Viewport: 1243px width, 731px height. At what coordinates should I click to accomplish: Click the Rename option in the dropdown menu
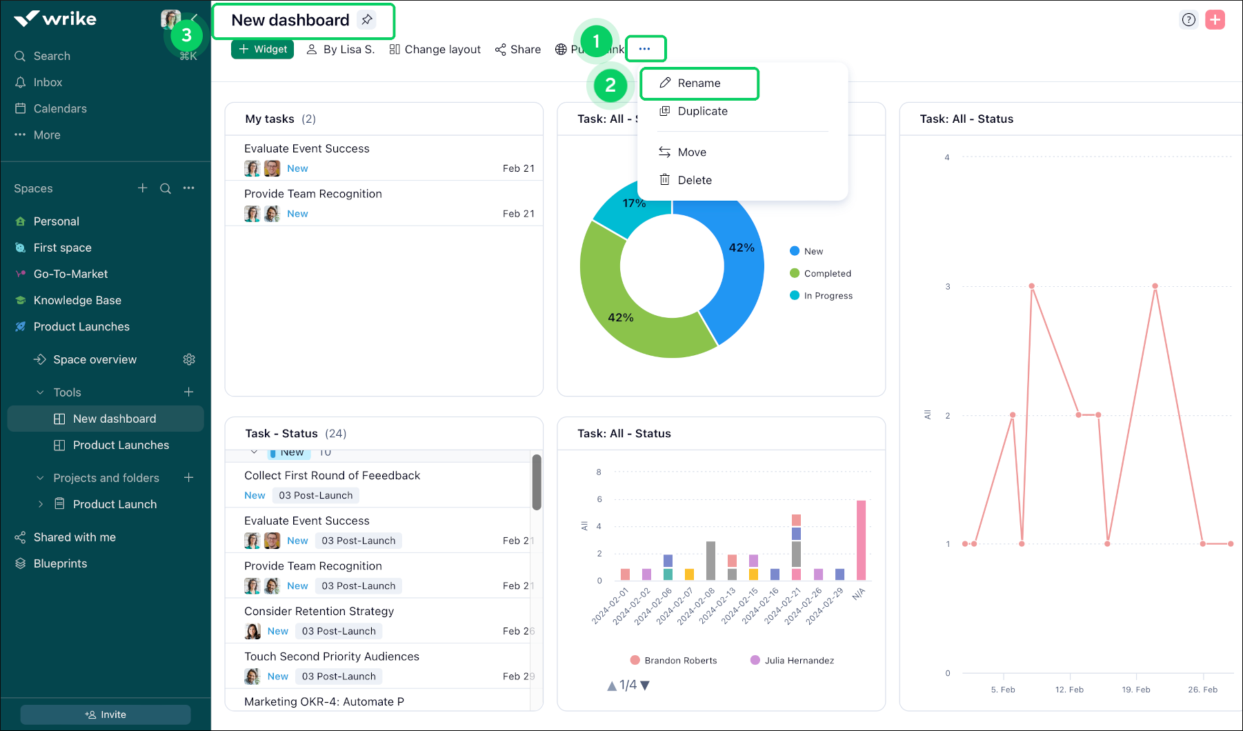[699, 83]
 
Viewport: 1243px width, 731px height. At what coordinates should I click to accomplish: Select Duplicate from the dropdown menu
[702, 111]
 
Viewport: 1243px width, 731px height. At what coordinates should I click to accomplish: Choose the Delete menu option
[694, 180]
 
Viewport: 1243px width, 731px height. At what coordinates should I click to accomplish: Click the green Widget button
[263, 50]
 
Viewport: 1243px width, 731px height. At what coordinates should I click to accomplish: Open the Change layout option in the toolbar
[435, 50]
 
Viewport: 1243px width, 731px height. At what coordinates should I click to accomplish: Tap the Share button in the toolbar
[518, 50]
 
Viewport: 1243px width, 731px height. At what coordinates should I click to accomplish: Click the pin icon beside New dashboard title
[368, 20]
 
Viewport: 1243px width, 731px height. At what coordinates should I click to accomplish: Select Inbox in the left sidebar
[48, 82]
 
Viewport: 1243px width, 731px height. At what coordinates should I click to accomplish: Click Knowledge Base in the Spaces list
[77, 300]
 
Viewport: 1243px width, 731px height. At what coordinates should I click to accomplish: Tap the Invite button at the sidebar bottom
[106, 714]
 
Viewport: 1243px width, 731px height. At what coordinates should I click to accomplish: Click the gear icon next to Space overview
[189, 359]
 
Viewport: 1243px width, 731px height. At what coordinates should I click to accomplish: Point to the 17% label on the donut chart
[634, 203]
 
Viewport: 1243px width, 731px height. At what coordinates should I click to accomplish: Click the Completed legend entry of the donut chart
[827, 274]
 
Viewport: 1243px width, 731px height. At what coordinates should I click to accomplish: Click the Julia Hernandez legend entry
[799, 661]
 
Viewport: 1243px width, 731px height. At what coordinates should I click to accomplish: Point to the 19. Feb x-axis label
[1136, 690]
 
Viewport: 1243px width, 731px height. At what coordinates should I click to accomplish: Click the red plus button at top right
[1215, 20]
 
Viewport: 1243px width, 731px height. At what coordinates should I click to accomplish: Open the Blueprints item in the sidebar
[60, 563]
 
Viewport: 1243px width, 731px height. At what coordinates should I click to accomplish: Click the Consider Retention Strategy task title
[319, 611]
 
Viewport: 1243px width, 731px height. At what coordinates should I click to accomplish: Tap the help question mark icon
[1189, 20]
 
